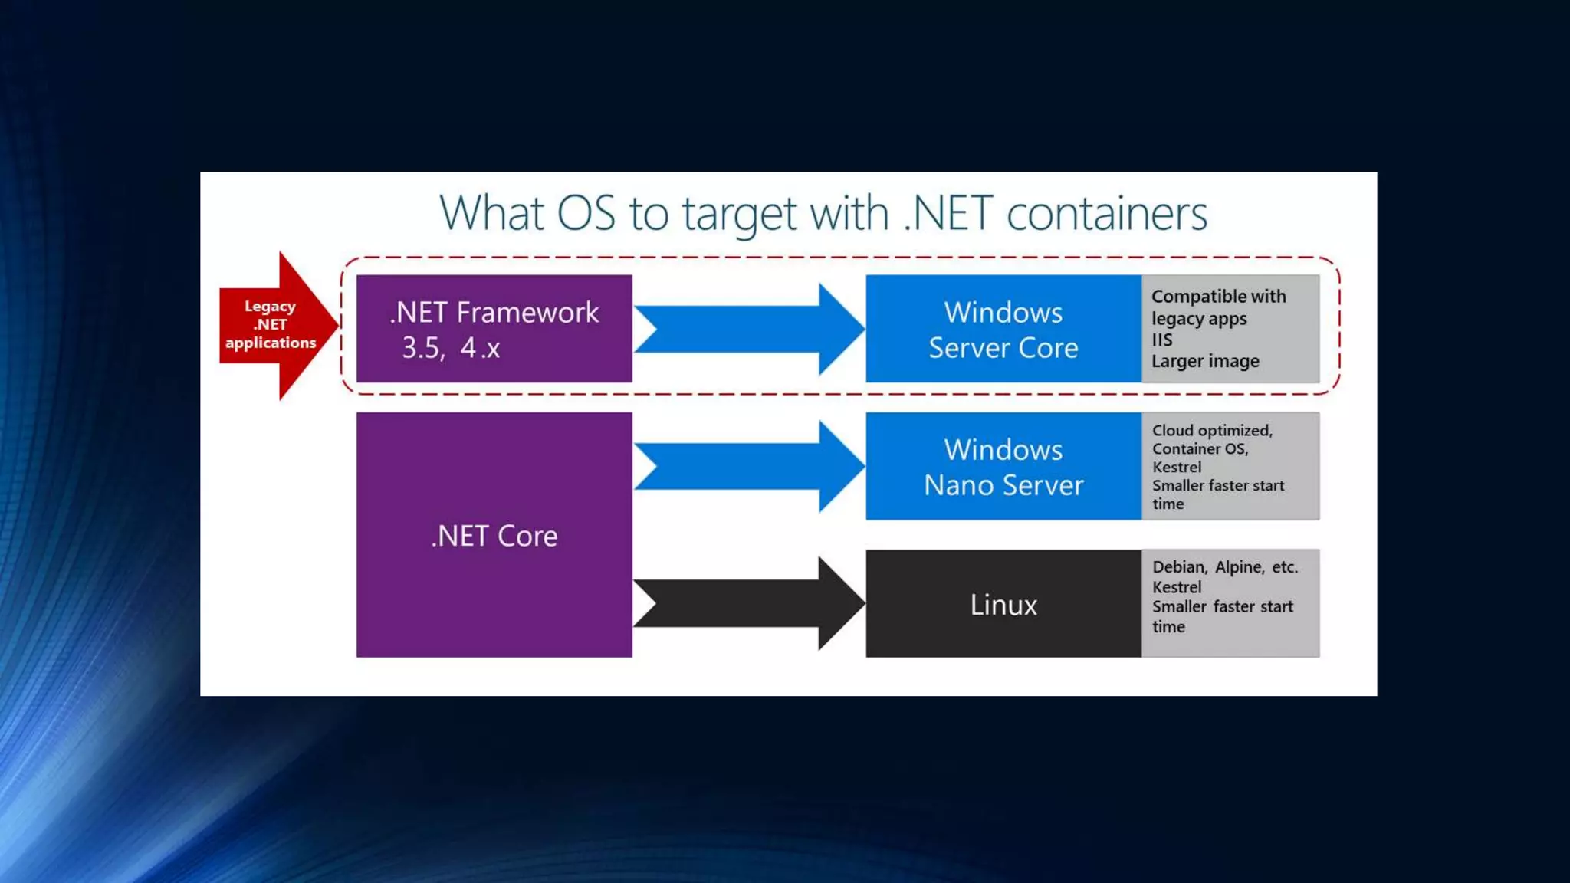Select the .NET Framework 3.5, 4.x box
pos(494,329)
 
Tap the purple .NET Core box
pos(494,535)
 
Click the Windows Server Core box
pos(1003,329)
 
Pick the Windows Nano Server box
pos(1003,466)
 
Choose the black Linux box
pos(1003,604)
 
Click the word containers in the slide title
pos(1106,213)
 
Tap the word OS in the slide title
pos(586,213)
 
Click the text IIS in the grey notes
pos(1161,340)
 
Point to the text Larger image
pos(1205,361)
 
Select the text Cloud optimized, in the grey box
pos(1212,431)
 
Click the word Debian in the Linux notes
pos(1179,567)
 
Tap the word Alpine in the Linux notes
pos(1239,567)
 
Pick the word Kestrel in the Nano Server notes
pos(1177,467)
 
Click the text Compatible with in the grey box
pos(1218,297)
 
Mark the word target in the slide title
pos(739,215)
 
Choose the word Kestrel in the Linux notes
pos(1177,587)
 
